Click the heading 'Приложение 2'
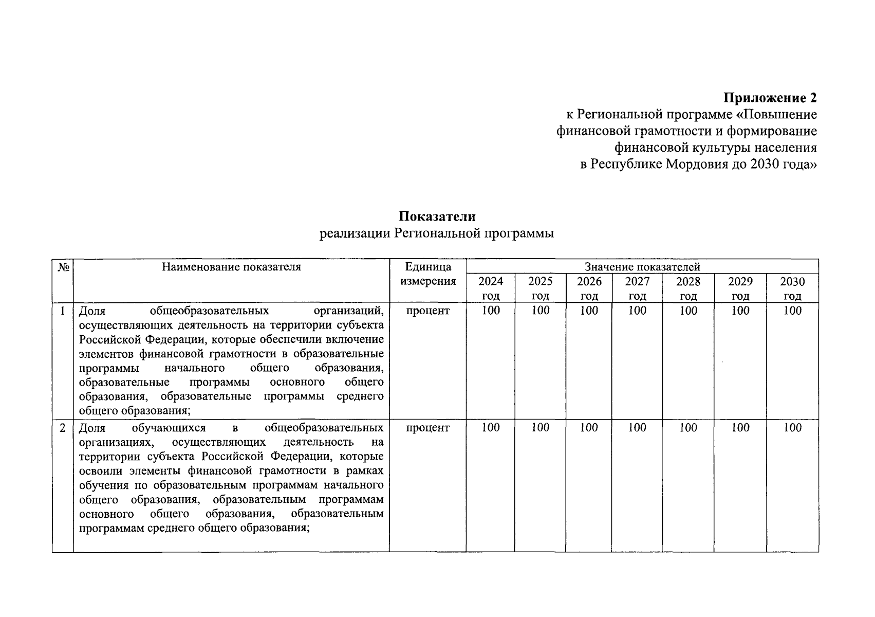[770, 98]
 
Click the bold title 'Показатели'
[437, 216]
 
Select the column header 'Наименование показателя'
[231, 266]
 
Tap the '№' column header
[63, 267]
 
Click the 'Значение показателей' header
[642, 266]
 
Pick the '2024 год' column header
[490, 288]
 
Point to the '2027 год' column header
[637, 288]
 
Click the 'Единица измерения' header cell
[427, 274]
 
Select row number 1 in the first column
[63, 311]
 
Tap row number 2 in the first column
[63, 428]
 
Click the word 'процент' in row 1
[427, 311]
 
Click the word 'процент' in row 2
[427, 428]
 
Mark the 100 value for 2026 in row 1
[589, 311]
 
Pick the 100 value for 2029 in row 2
[740, 428]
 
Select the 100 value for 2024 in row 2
[490, 428]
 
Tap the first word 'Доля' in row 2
[92, 428]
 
